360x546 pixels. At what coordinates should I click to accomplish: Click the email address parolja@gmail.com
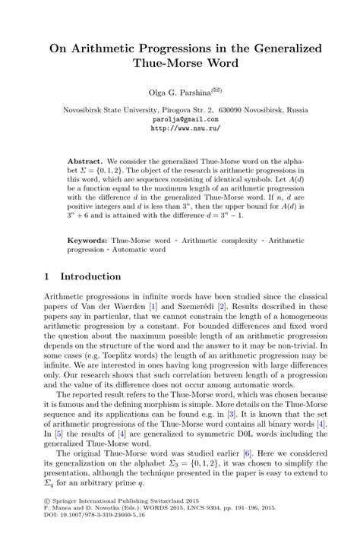[x=180, y=119]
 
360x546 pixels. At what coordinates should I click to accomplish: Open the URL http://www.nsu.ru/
[x=180, y=128]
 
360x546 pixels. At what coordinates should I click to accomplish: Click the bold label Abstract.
[x=84, y=163]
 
